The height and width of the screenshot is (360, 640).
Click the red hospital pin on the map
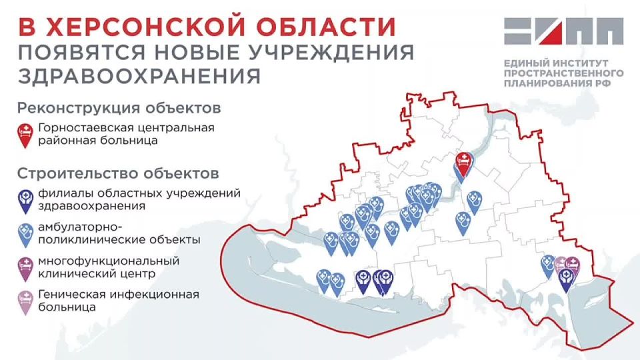[463, 162]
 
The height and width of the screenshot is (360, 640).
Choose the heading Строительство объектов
[117, 174]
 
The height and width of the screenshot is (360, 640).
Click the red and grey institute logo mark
[563, 33]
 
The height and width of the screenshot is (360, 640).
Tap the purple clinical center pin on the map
[572, 267]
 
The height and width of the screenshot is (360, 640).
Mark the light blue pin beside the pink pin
[548, 265]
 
